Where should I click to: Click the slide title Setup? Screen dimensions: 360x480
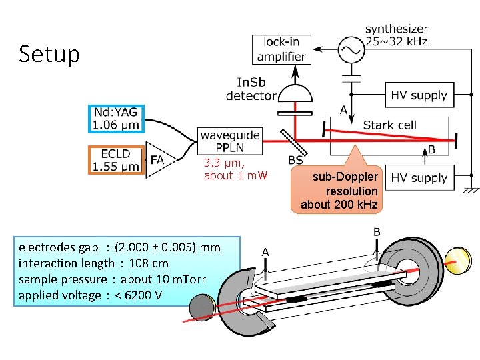tap(49, 53)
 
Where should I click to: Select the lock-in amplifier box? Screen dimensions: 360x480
tap(281, 49)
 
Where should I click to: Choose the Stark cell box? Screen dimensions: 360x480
tap(389, 125)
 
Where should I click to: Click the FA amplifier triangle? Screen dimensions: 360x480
tap(157, 160)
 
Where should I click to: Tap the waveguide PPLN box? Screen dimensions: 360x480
tap(229, 141)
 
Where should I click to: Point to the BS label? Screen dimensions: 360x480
tap(295, 160)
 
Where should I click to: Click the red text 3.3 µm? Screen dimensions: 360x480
tap(224, 163)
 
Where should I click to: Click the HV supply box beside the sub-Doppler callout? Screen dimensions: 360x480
tap(419, 178)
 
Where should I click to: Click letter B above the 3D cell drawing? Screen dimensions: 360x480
tap(377, 232)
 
